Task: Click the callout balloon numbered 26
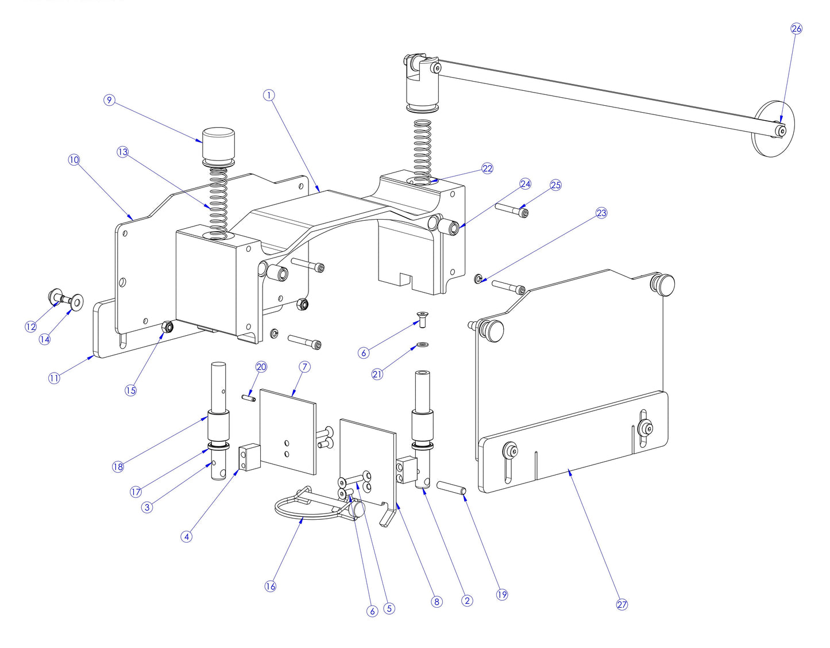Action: (x=796, y=29)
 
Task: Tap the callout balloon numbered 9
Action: (x=109, y=101)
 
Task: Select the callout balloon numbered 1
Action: (x=269, y=95)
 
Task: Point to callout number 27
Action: (x=622, y=604)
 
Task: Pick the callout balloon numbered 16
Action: (x=270, y=586)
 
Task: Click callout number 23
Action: (x=601, y=213)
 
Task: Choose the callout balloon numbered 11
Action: (x=54, y=378)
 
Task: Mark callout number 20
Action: (x=261, y=367)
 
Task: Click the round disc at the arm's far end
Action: (x=772, y=129)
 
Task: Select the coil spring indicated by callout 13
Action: (x=217, y=201)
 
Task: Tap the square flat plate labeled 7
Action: (x=287, y=431)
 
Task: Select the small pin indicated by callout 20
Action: (x=249, y=397)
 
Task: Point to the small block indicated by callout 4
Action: (x=249, y=457)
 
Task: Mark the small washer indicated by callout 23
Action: (x=478, y=279)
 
